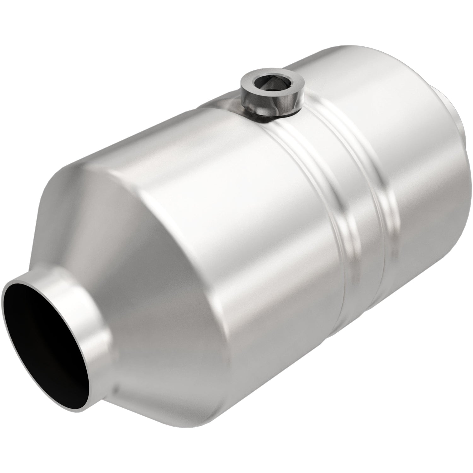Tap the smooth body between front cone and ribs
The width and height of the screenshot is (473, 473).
[237, 221]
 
